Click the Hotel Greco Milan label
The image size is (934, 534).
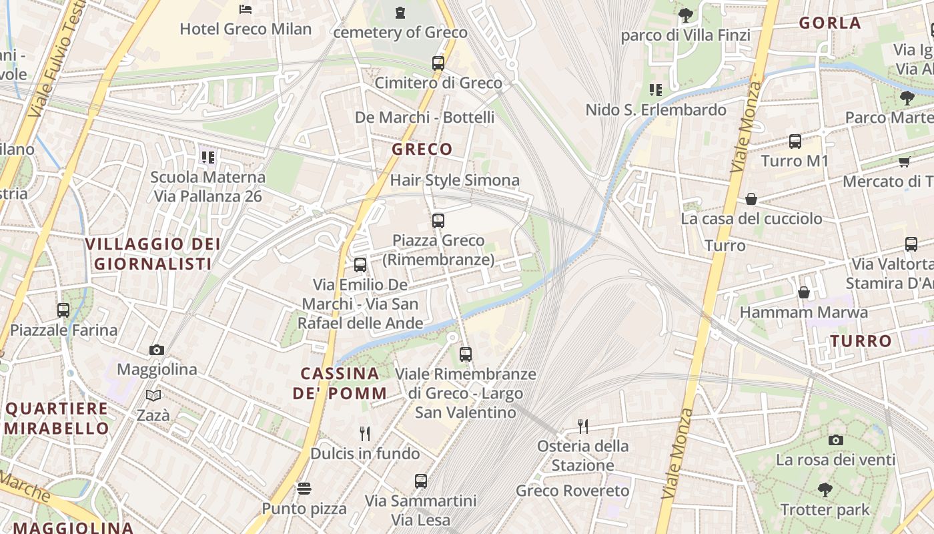246,29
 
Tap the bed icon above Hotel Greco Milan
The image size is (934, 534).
246,9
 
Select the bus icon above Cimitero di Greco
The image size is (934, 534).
438,63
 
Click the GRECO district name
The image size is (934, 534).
422,149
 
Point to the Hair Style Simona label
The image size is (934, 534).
454,180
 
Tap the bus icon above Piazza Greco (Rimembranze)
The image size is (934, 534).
438,220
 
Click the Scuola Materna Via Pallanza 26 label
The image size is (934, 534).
207,186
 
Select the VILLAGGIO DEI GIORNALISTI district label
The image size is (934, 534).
153,254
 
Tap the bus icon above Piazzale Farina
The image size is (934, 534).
63,310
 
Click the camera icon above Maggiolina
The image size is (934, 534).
157,350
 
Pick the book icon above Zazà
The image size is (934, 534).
153,396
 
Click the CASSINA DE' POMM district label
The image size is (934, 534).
340,383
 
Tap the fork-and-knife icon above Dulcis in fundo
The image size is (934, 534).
365,434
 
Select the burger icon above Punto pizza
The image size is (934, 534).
304,489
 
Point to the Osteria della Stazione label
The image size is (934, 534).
583,455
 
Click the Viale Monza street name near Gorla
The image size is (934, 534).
748,127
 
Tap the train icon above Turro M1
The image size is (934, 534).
795,142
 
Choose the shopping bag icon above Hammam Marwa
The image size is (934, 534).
804,292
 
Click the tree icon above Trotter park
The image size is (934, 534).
825,490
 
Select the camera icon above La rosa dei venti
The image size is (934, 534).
835,440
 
